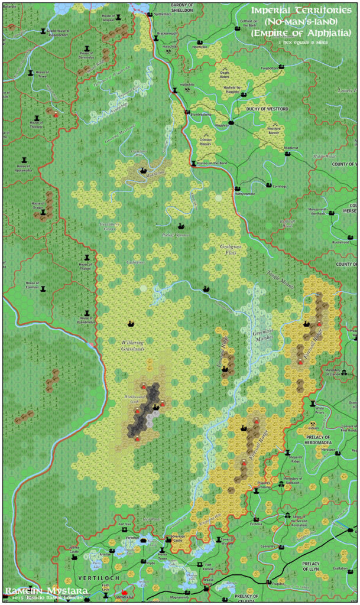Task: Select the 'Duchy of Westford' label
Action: coord(267,109)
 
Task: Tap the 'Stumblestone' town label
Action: coord(200,113)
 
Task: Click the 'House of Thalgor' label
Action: coord(86,267)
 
